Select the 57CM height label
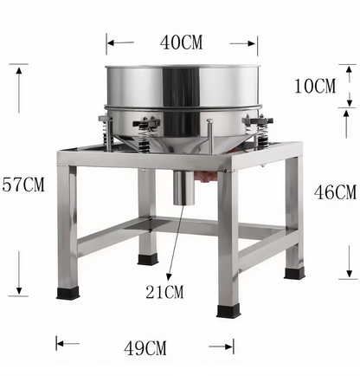coord(22,184)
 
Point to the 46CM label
coord(333,191)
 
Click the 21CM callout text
coord(164,292)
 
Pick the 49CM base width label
coord(145,348)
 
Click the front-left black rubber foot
coord(67,294)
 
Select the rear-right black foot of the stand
coord(294,273)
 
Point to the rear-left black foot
coord(147,257)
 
